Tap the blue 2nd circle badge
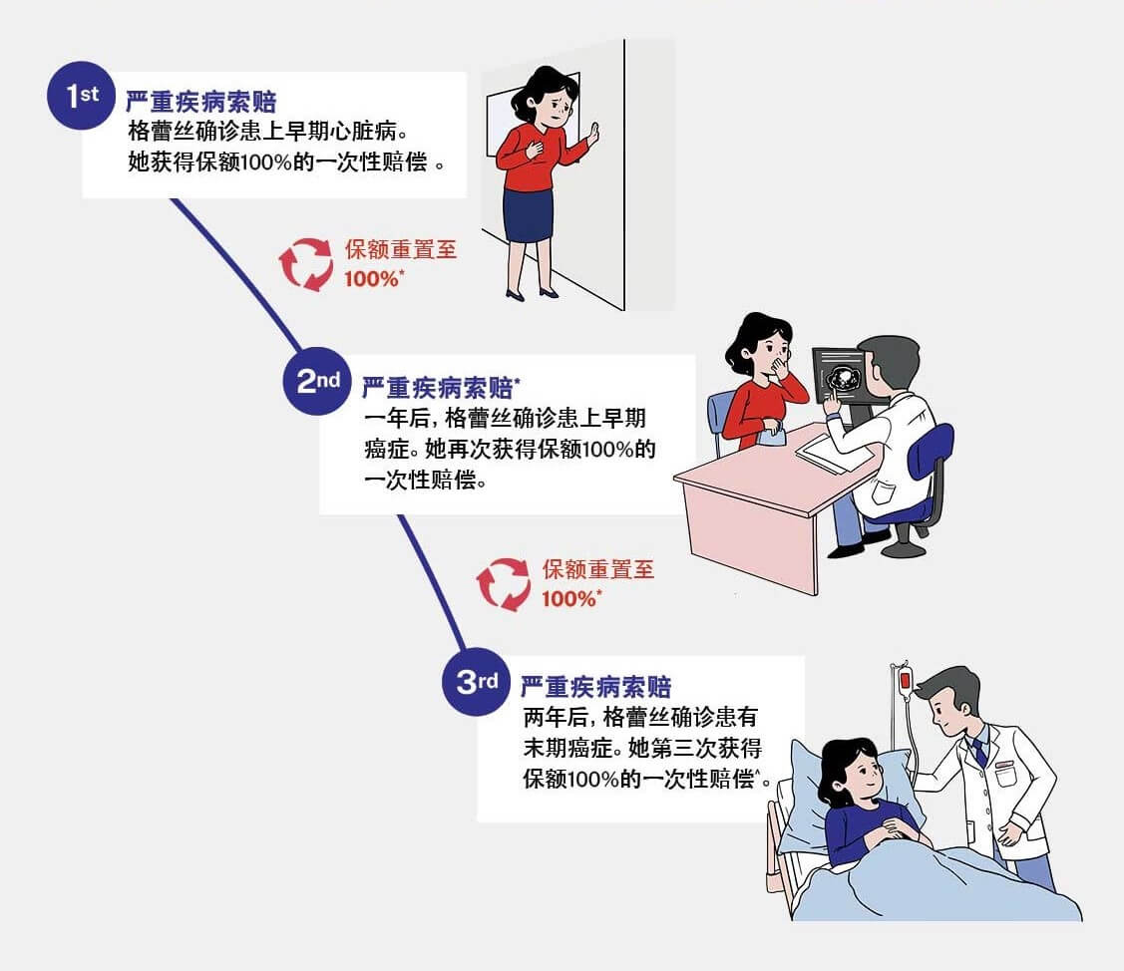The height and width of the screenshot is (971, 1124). coord(316,381)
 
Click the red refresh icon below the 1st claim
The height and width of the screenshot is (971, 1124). coord(305,263)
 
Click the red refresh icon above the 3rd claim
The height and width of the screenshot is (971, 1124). coord(503,583)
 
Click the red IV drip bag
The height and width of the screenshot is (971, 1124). coord(905,682)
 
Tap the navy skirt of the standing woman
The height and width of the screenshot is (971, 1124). coord(528,214)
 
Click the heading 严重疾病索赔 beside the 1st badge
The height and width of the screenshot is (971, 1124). coord(200,101)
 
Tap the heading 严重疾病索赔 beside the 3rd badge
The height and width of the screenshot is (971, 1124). coord(595,686)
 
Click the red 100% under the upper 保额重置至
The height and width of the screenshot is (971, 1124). coord(372,279)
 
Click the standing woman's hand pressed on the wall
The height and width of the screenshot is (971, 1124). coord(592,135)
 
